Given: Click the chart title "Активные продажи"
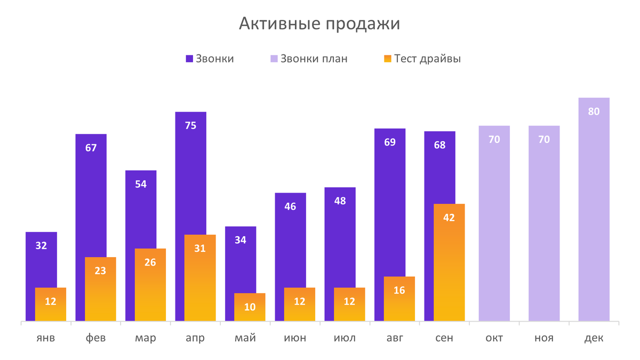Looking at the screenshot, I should point(319,24).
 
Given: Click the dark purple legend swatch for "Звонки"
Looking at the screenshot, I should point(189,59).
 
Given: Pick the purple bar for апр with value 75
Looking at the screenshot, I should point(190,171).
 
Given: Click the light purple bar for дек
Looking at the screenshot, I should point(594,213).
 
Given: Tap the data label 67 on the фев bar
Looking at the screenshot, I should point(91,148).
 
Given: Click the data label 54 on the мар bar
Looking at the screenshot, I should point(141,185).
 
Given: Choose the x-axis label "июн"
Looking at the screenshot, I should point(290,338).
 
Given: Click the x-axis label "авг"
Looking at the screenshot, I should point(390,338).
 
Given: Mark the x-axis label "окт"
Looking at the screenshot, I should point(494,338).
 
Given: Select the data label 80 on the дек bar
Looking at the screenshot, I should point(594,112).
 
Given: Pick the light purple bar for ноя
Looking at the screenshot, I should point(544,224).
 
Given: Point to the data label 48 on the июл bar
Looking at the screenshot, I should point(340,201).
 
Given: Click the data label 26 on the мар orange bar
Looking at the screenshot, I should point(150,262).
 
